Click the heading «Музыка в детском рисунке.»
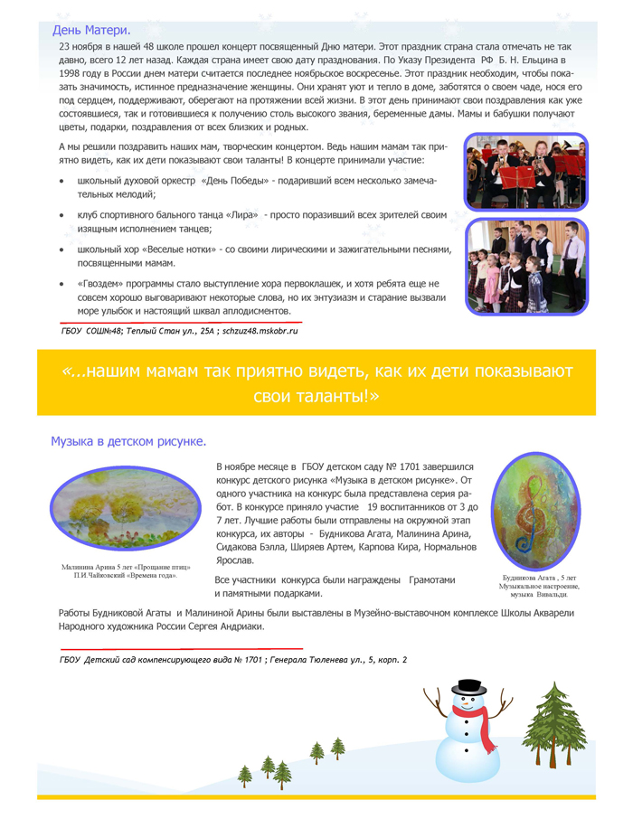click(128, 442)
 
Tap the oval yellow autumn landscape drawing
click(126, 512)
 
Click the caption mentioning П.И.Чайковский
click(125, 575)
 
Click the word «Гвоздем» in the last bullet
click(106, 283)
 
